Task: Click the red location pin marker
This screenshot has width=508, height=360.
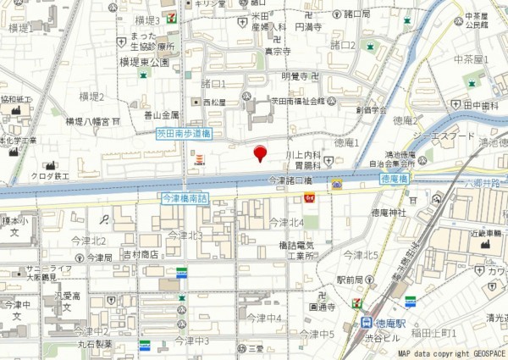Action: tap(260, 153)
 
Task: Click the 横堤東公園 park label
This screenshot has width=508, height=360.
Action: tap(149, 62)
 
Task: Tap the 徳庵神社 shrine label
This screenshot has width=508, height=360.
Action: tap(389, 212)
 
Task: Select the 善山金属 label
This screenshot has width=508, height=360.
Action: tap(161, 114)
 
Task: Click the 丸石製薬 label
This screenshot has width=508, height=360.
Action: tap(96, 345)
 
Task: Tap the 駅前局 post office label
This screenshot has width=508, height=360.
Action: tap(350, 279)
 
